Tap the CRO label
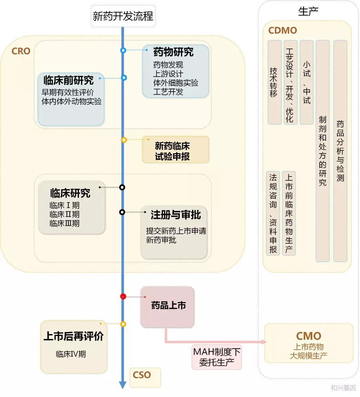[21, 51]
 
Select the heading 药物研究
[173, 52]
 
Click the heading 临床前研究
[68, 80]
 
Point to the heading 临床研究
[70, 193]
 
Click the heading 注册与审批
[176, 215]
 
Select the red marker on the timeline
[123, 296]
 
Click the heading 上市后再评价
[73, 336]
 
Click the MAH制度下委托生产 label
[217, 357]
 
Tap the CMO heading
[308, 336]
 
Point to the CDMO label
[282, 31]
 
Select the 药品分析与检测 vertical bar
[340, 151]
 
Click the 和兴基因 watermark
[343, 388]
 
